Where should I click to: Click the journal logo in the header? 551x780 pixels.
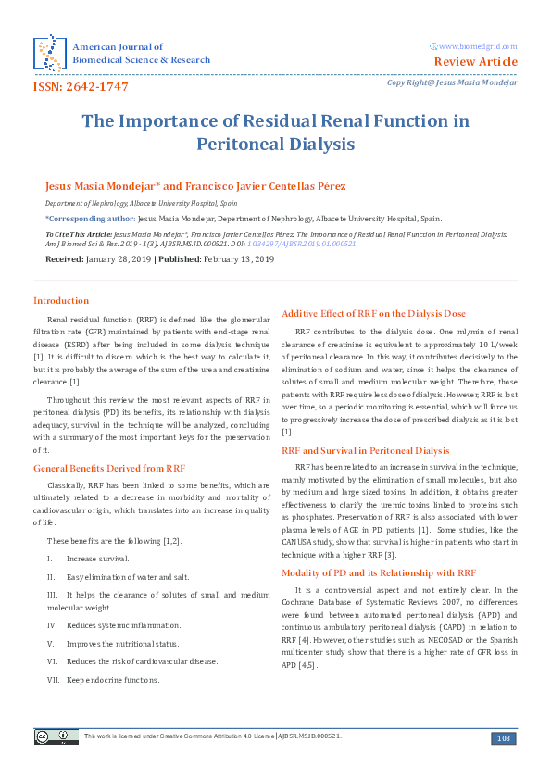click(48, 53)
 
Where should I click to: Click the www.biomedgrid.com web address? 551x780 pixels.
click(478, 46)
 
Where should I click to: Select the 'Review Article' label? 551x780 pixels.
click(476, 62)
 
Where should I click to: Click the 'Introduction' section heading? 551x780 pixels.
click(61, 300)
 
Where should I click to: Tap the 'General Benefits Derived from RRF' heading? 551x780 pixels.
click(109, 469)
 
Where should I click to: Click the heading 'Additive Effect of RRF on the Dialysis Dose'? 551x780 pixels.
click(373, 313)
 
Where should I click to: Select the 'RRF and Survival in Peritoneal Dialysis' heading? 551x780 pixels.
click(365, 450)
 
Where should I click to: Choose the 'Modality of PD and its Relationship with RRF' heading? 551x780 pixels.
click(379, 572)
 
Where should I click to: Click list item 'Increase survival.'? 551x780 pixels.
click(97, 559)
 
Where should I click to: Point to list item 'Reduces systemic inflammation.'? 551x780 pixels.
click(123, 625)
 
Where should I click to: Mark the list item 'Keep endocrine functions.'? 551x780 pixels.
click(113, 679)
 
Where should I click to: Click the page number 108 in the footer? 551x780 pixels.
click(504, 737)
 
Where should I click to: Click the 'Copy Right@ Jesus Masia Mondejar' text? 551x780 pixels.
click(452, 82)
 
